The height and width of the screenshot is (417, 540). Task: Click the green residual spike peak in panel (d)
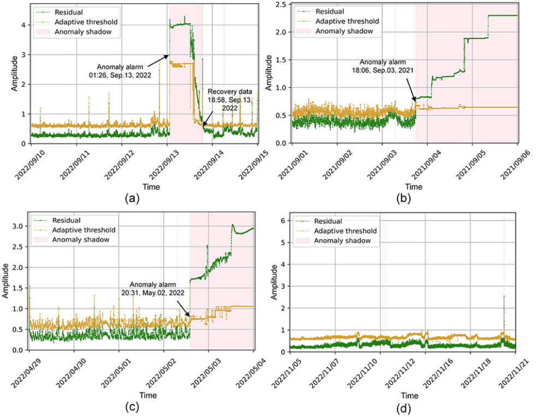(x=503, y=296)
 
